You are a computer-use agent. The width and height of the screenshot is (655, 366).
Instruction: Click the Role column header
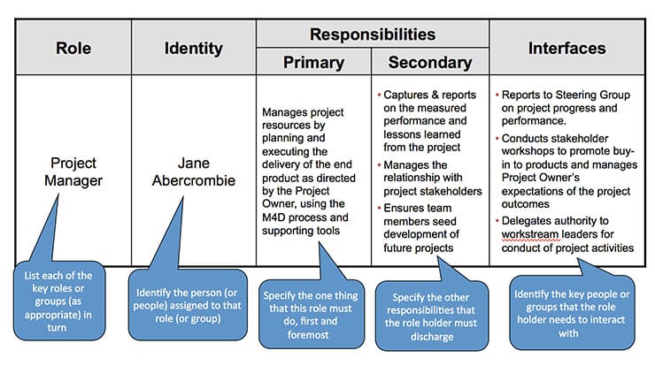pyautogui.click(x=73, y=48)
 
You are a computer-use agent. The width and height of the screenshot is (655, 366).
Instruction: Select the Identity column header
pyautogui.click(x=193, y=48)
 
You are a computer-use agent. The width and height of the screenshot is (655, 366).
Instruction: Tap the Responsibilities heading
pyautogui.click(x=372, y=34)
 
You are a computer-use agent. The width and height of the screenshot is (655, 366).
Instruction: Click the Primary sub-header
pyautogui.click(x=313, y=63)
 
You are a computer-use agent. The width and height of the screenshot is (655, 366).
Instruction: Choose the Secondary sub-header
pyautogui.click(x=429, y=63)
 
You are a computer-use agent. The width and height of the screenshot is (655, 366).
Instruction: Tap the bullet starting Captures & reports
pyautogui.click(x=429, y=112)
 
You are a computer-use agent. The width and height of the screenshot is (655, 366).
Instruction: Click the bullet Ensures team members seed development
pyautogui.click(x=429, y=225)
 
